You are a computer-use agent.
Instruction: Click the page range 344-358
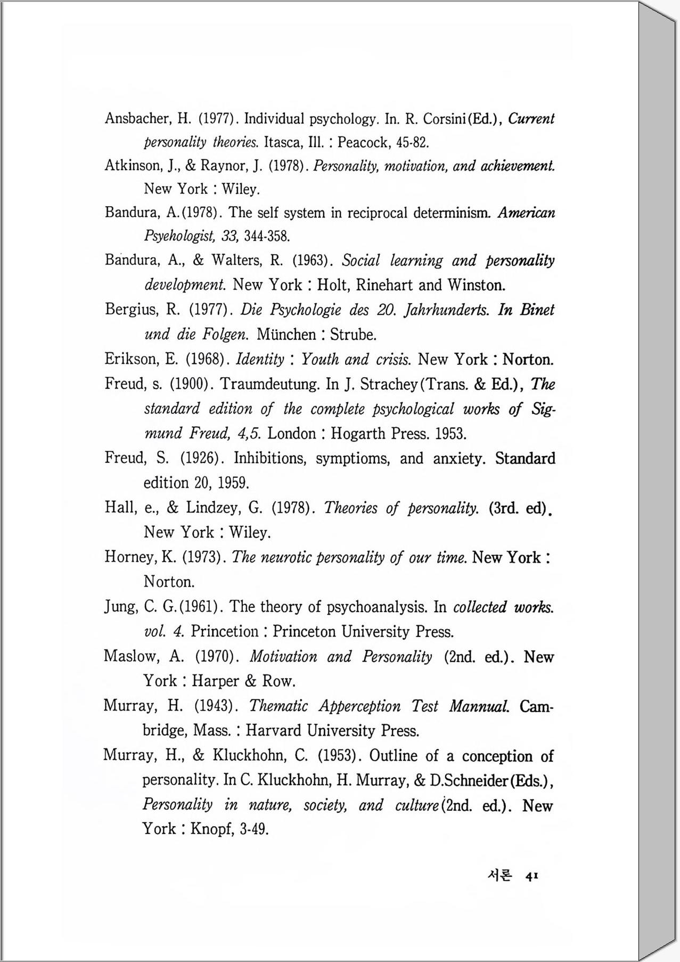tap(267, 235)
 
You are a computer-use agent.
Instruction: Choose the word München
tap(286, 335)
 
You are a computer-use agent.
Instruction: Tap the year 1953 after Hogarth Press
tap(450, 434)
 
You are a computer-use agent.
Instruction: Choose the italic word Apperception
tap(359, 706)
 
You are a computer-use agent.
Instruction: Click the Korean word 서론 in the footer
tap(499, 876)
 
